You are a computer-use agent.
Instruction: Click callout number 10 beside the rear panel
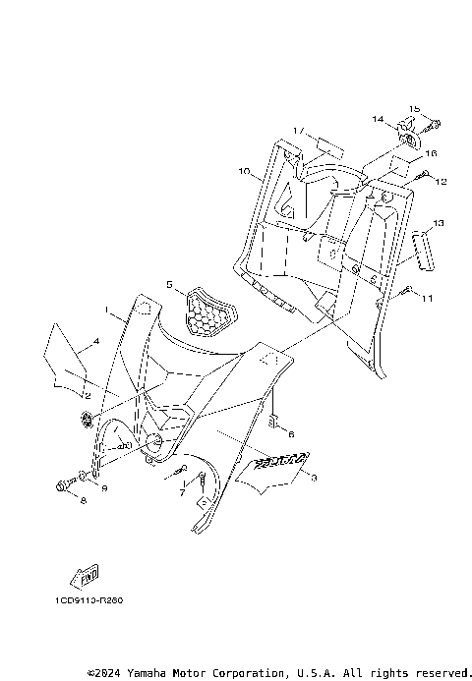point(243,171)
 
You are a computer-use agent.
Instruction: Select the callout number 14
point(378,119)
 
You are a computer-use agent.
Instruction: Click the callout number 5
point(169,285)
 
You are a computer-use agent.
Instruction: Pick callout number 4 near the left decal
point(95,342)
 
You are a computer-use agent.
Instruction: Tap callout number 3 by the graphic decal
point(314,477)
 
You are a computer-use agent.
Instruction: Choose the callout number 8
point(83,501)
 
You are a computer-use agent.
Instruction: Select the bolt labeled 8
point(64,484)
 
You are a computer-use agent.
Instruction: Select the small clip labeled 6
point(277,425)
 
